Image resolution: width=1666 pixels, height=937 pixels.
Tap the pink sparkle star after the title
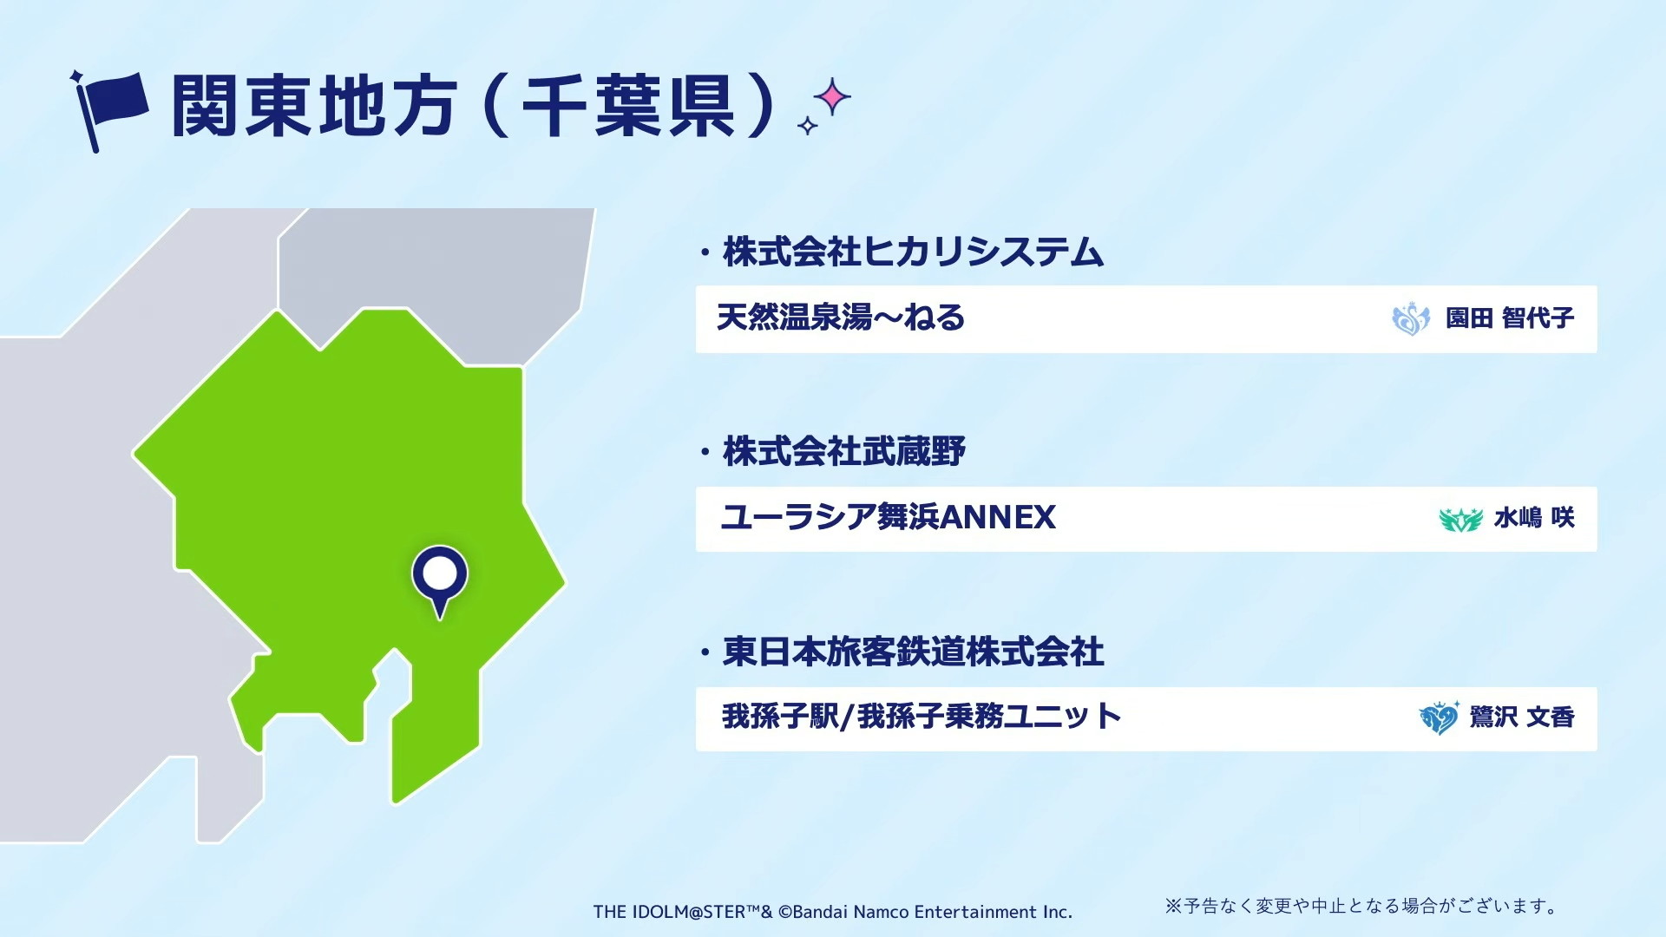[833, 97]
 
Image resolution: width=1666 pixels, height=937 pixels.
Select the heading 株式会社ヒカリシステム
[913, 252]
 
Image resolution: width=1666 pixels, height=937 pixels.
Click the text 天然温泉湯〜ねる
[841, 318]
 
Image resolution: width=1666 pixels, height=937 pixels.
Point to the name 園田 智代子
[1510, 318]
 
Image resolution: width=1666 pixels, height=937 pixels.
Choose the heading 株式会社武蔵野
[843, 452]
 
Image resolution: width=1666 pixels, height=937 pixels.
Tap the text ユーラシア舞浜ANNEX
[889, 518]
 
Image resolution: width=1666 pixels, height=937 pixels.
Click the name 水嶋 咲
[1534, 518]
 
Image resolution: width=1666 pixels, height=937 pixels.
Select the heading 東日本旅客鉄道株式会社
[913, 652]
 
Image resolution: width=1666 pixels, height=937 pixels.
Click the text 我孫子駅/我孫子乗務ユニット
[922, 717]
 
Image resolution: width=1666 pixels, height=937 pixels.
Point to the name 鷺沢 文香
[1522, 717]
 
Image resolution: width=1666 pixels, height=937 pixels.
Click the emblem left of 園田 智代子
[1411, 318]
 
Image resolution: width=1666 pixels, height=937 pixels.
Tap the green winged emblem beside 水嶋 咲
[1461, 519]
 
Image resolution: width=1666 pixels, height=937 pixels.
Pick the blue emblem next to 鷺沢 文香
[1439, 717]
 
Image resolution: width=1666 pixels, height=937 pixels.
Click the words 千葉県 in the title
[628, 107]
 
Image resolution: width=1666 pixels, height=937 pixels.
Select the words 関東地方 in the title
[314, 107]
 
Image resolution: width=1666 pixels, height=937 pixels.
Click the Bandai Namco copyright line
[833, 912]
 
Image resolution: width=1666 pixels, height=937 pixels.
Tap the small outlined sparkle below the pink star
[808, 127]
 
